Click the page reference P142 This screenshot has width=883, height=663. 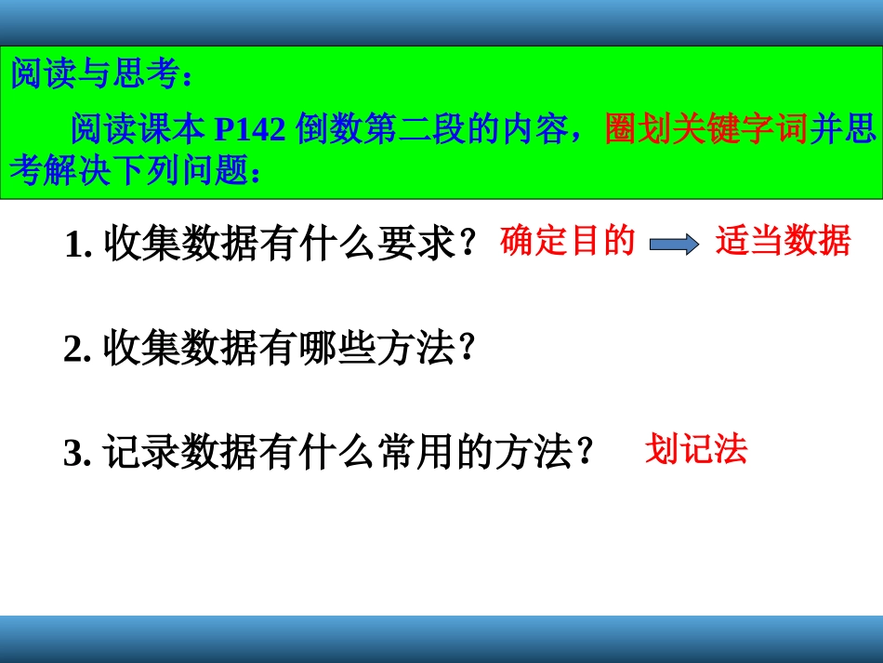tap(250, 129)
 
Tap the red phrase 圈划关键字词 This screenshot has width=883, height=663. tap(706, 129)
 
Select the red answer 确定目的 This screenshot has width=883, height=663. tap(567, 242)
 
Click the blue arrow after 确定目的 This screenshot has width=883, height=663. tap(674, 244)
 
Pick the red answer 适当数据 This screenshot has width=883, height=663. tap(783, 242)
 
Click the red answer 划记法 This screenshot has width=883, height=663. tap(695, 451)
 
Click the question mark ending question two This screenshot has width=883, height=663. tap(467, 348)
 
